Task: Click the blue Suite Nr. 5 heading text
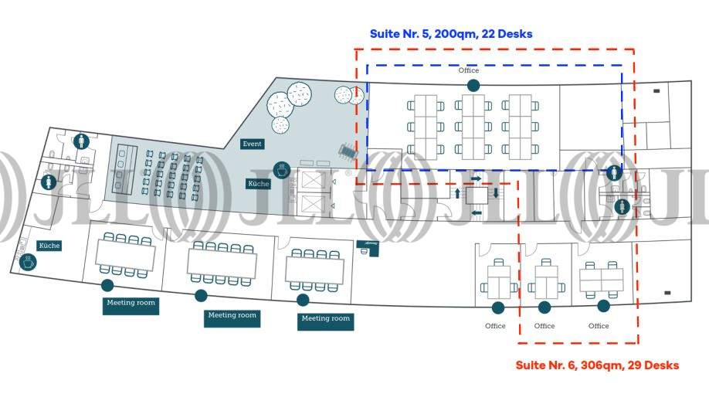pyautogui.click(x=451, y=34)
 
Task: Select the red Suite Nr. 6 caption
pyautogui.click(x=597, y=365)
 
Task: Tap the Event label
pyautogui.click(x=253, y=144)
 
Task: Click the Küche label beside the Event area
pyautogui.click(x=258, y=184)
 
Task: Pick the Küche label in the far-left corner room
pyautogui.click(x=49, y=246)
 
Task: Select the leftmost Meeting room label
pyautogui.click(x=130, y=303)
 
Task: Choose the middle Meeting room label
pyautogui.click(x=232, y=315)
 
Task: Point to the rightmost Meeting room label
pyautogui.click(x=325, y=318)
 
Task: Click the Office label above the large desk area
pyautogui.click(x=469, y=70)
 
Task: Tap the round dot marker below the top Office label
pyautogui.click(x=473, y=85)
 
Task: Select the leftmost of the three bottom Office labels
pyautogui.click(x=495, y=326)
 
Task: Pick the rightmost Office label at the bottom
pyautogui.click(x=599, y=326)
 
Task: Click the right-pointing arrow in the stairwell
pyautogui.click(x=476, y=178)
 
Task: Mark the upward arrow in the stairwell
pyautogui.click(x=457, y=193)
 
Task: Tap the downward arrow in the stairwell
pyautogui.click(x=495, y=192)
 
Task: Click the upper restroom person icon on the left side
pyautogui.click(x=82, y=141)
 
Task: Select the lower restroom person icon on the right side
pyautogui.click(x=622, y=206)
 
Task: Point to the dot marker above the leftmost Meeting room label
pyautogui.click(x=107, y=286)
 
